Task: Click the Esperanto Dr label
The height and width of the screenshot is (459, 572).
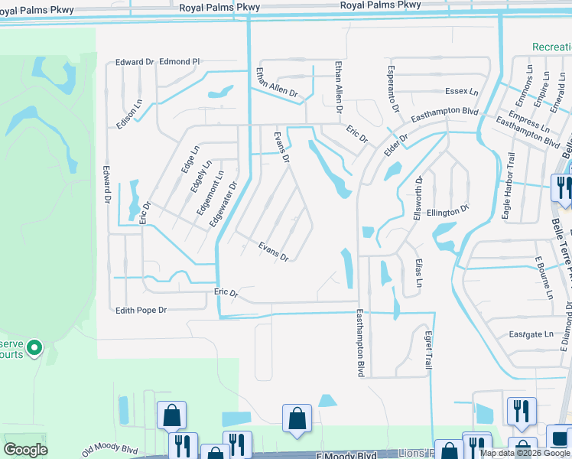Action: (392, 89)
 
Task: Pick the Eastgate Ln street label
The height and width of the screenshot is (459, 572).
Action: (531, 334)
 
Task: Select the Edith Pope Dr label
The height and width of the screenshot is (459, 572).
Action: (141, 310)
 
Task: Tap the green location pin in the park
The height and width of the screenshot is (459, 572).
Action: (34, 348)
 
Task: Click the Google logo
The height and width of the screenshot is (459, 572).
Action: (25, 449)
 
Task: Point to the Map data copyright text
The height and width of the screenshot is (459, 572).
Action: (524, 453)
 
